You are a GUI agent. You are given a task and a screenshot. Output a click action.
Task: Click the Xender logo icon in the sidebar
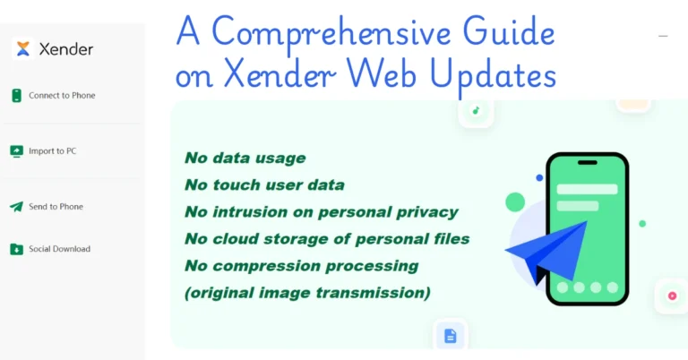coord(24,49)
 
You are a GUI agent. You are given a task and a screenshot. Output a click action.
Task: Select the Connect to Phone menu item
coord(61,96)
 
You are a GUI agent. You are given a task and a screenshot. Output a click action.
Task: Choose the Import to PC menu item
coord(52,151)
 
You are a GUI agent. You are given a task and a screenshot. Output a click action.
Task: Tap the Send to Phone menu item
coord(56,207)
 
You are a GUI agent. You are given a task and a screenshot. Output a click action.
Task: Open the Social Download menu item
coord(59,249)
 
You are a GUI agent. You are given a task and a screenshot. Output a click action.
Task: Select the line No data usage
coord(245,159)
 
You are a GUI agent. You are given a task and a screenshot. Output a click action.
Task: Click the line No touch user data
coord(264,185)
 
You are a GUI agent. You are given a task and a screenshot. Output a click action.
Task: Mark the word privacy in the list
coord(426,212)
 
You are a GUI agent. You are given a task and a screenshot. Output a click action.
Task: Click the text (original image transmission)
coord(307,293)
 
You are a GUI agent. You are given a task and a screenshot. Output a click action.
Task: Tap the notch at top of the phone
coord(587,163)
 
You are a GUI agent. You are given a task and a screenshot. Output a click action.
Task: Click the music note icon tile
coord(476,111)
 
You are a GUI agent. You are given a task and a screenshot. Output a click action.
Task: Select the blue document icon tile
coord(451,336)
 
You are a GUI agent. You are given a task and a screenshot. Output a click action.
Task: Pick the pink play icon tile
coord(671,296)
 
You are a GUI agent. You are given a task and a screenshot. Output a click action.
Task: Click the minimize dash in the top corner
coord(663,37)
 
